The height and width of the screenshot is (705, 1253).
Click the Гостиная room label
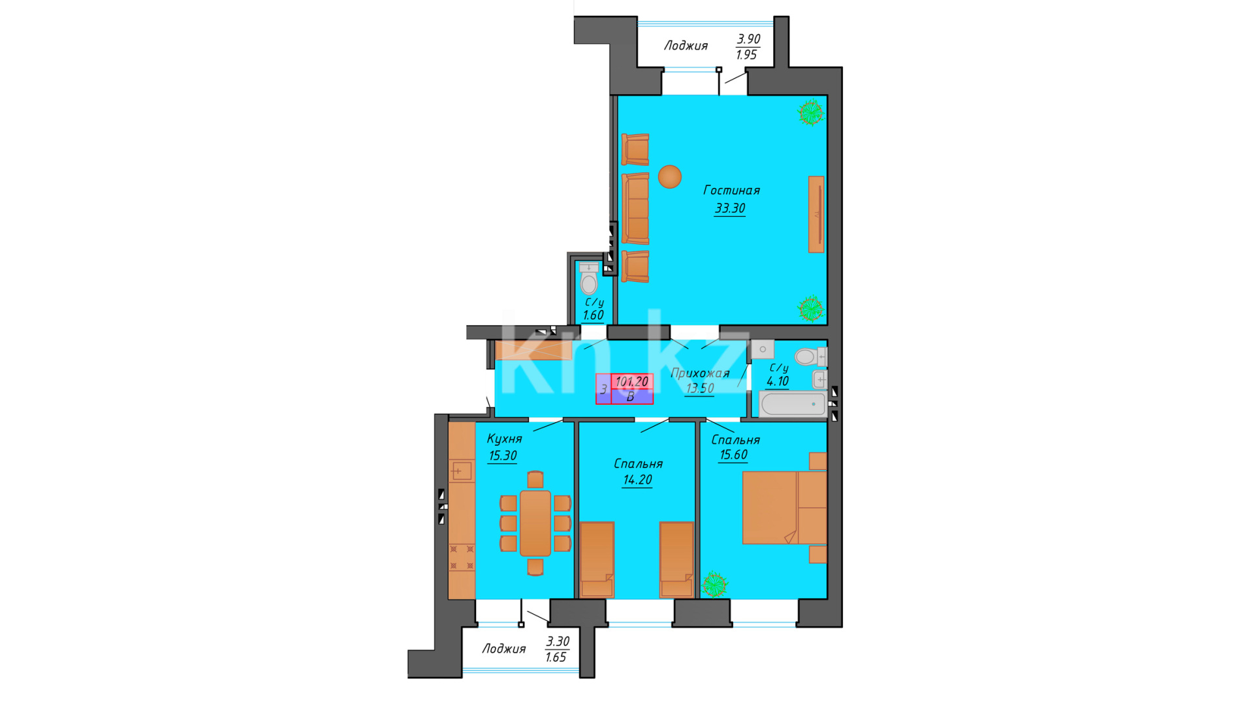[x=731, y=191]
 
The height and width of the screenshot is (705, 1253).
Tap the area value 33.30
[x=730, y=208]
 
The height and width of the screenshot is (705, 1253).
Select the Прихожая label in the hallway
[x=700, y=373]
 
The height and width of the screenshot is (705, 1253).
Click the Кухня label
[x=504, y=439]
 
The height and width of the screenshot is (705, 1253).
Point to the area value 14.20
[x=637, y=480]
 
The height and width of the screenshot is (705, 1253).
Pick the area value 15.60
[x=733, y=455]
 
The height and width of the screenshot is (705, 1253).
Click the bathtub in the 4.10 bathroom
[x=793, y=404]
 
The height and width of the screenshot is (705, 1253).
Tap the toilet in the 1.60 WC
[x=589, y=279]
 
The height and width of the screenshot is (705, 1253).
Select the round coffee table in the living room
[x=670, y=176]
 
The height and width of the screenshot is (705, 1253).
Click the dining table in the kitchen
[x=535, y=523]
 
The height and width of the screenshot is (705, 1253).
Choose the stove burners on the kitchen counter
[x=462, y=557]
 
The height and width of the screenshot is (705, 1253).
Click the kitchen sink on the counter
[x=461, y=471]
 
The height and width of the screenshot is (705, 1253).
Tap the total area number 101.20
[x=632, y=381]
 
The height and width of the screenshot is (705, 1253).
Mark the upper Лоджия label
[x=686, y=46]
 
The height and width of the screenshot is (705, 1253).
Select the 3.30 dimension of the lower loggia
[x=558, y=642]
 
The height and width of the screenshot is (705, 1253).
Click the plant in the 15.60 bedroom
[x=714, y=584]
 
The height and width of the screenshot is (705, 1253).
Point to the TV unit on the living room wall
[x=816, y=214]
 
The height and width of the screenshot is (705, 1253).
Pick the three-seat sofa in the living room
[x=635, y=209]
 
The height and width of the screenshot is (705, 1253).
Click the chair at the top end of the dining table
[x=535, y=480]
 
